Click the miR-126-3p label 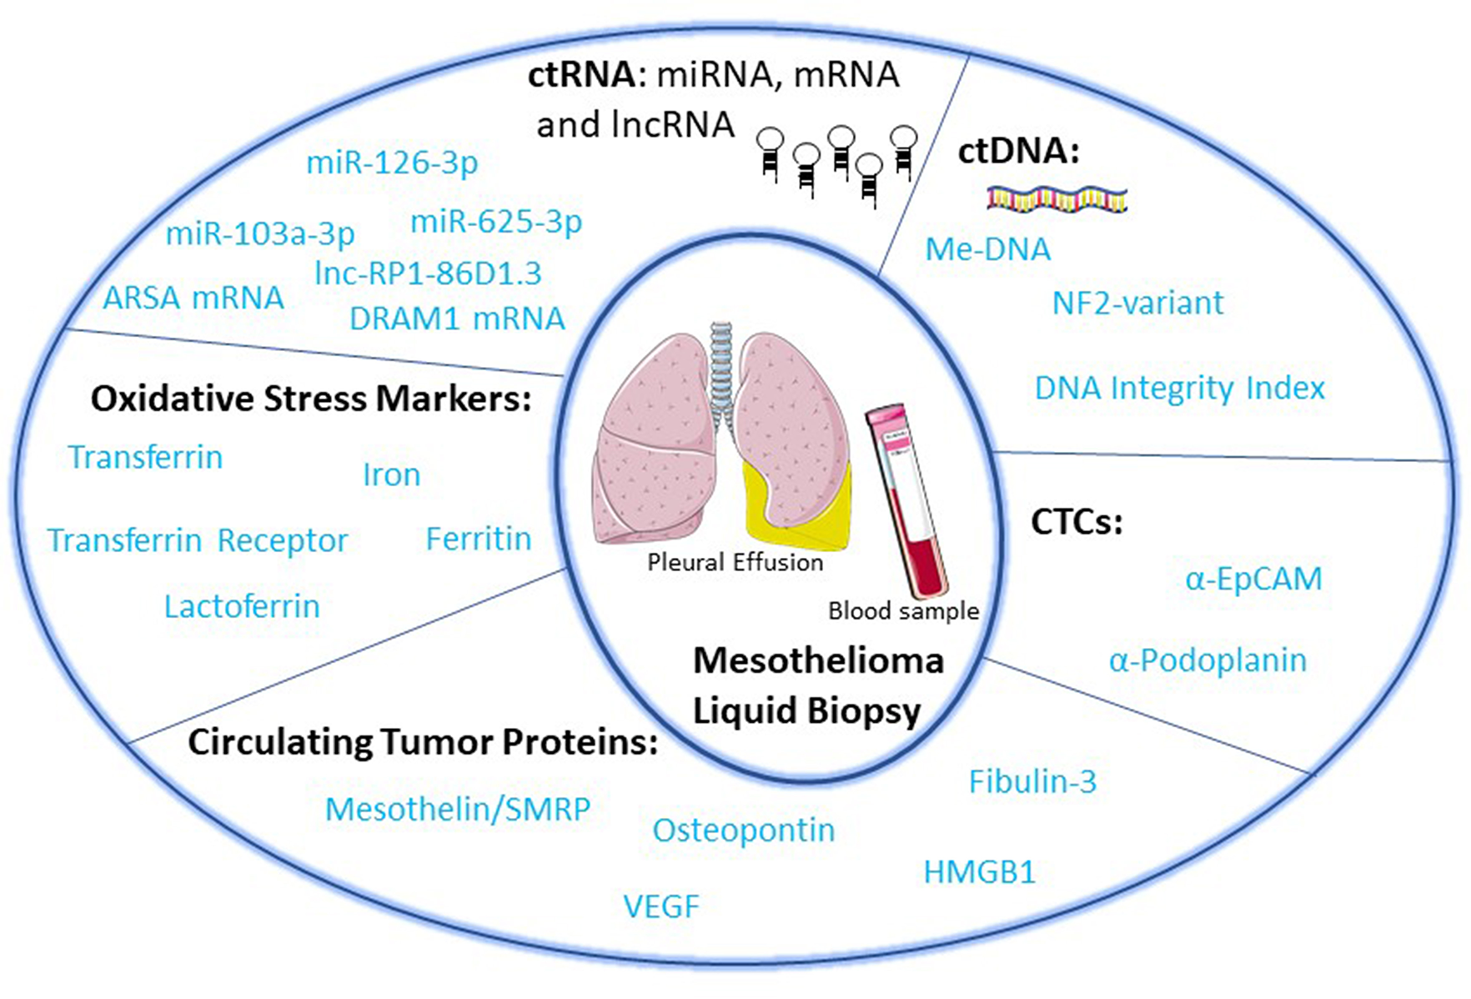click(392, 163)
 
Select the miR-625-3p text click(496, 223)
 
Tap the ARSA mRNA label click(193, 298)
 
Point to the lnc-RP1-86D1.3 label click(429, 274)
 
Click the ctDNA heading click(1018, 151)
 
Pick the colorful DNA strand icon click(1057, 199)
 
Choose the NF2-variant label click(1137, 303)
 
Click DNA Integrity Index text click(1179, 389)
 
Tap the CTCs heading click(1077, 522)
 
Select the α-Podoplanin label click(1207, 660)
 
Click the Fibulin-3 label click(1032, 781)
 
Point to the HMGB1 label click(979, 872)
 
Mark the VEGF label click(661, 906)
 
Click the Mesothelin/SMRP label click(458, 809)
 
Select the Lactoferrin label click(242, 606)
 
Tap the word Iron click(391, 475)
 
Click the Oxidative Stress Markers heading click(311, 399)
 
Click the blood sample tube click(906, 500)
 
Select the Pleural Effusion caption click(735, 563)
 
